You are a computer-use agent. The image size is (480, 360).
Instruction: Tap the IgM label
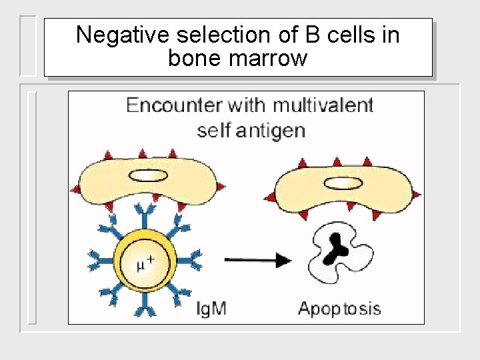click(212, 309)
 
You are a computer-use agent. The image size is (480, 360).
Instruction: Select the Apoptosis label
click(339, 309)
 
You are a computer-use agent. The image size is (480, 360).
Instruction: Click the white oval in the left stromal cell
click(148, 176)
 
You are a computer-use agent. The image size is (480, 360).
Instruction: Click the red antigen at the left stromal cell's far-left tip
click(75, 189)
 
